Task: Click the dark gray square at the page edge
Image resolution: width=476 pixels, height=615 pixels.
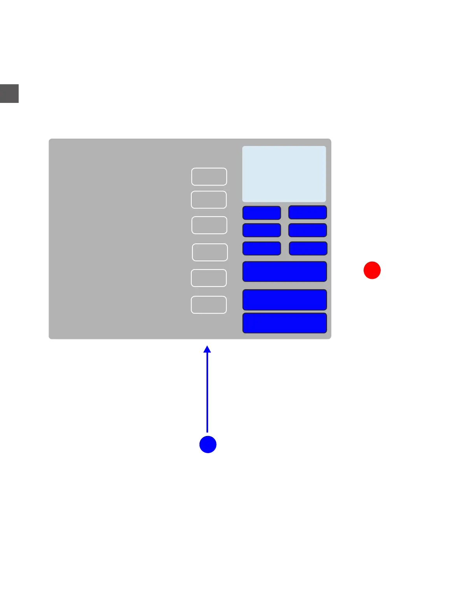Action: tap(9, 94)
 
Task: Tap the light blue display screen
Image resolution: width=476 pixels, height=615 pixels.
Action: tap(284, 174)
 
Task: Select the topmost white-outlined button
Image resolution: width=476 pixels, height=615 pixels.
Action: tap(209, 177)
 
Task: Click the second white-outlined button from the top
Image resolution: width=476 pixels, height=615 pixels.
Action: tap(209, 200)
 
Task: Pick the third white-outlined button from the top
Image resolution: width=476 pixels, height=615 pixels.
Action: tap(209, 225)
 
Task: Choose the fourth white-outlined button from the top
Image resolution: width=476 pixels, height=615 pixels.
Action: tap(210, 252)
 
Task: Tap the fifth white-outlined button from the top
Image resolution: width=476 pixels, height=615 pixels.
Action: tap(209, 278)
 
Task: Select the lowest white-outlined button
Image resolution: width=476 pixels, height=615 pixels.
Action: tap(209, 305)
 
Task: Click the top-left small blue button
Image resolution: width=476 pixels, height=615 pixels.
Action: tap(262, 213)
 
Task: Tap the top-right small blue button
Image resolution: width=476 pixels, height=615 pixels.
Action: tap(308, 212)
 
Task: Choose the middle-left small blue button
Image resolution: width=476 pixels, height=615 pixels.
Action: tap(262, 230)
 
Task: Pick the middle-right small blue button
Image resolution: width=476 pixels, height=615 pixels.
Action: tap(308, 230)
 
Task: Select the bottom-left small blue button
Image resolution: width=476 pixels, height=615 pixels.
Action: tap(262, 248)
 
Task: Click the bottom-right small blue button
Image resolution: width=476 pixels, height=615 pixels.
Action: tap(308, 248)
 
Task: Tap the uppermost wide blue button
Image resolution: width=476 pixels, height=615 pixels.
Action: tap(285, 271)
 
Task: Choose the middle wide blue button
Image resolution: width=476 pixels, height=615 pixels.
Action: tap(285, 300)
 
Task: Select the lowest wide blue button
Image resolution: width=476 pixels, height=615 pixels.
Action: tap(285, 323)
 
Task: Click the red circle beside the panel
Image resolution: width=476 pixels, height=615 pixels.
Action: tap(372, 270)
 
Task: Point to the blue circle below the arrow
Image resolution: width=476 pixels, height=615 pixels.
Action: tap(208, 444)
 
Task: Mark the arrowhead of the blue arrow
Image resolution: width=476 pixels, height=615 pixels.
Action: tap(207, 349)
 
